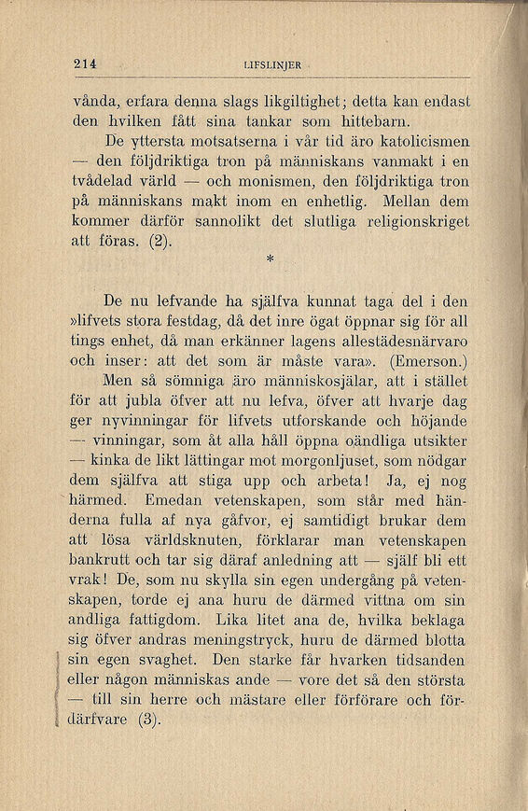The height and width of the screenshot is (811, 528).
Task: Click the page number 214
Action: [85, 63]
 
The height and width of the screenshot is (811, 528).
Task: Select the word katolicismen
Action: [411, 142]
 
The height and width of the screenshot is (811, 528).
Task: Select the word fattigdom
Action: [168, 622]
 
